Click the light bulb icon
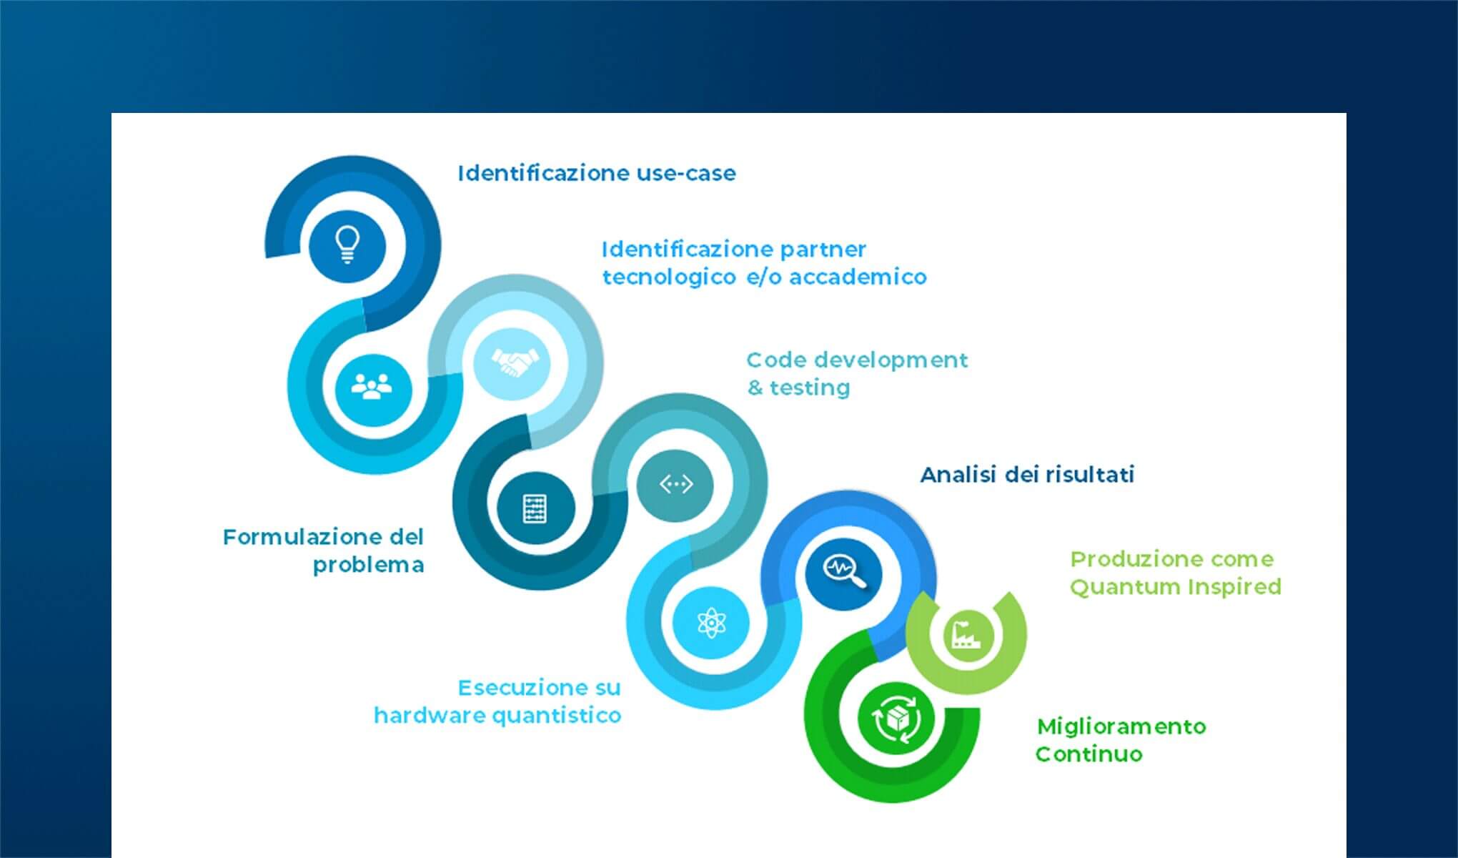(x=347, y=245)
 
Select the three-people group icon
(x=372, y=387)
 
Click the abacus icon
(x=535, y=508)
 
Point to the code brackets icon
(x=675, y=485)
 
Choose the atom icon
(x=711, y=623)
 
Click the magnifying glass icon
(x=845, y=572)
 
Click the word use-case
(x=686, y=173)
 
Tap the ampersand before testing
(x=755, y=388)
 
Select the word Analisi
(x=959, y=475)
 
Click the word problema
(x=369, y=566)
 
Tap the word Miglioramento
(x=1121, y=727)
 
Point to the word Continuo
(x=1089, y=754)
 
